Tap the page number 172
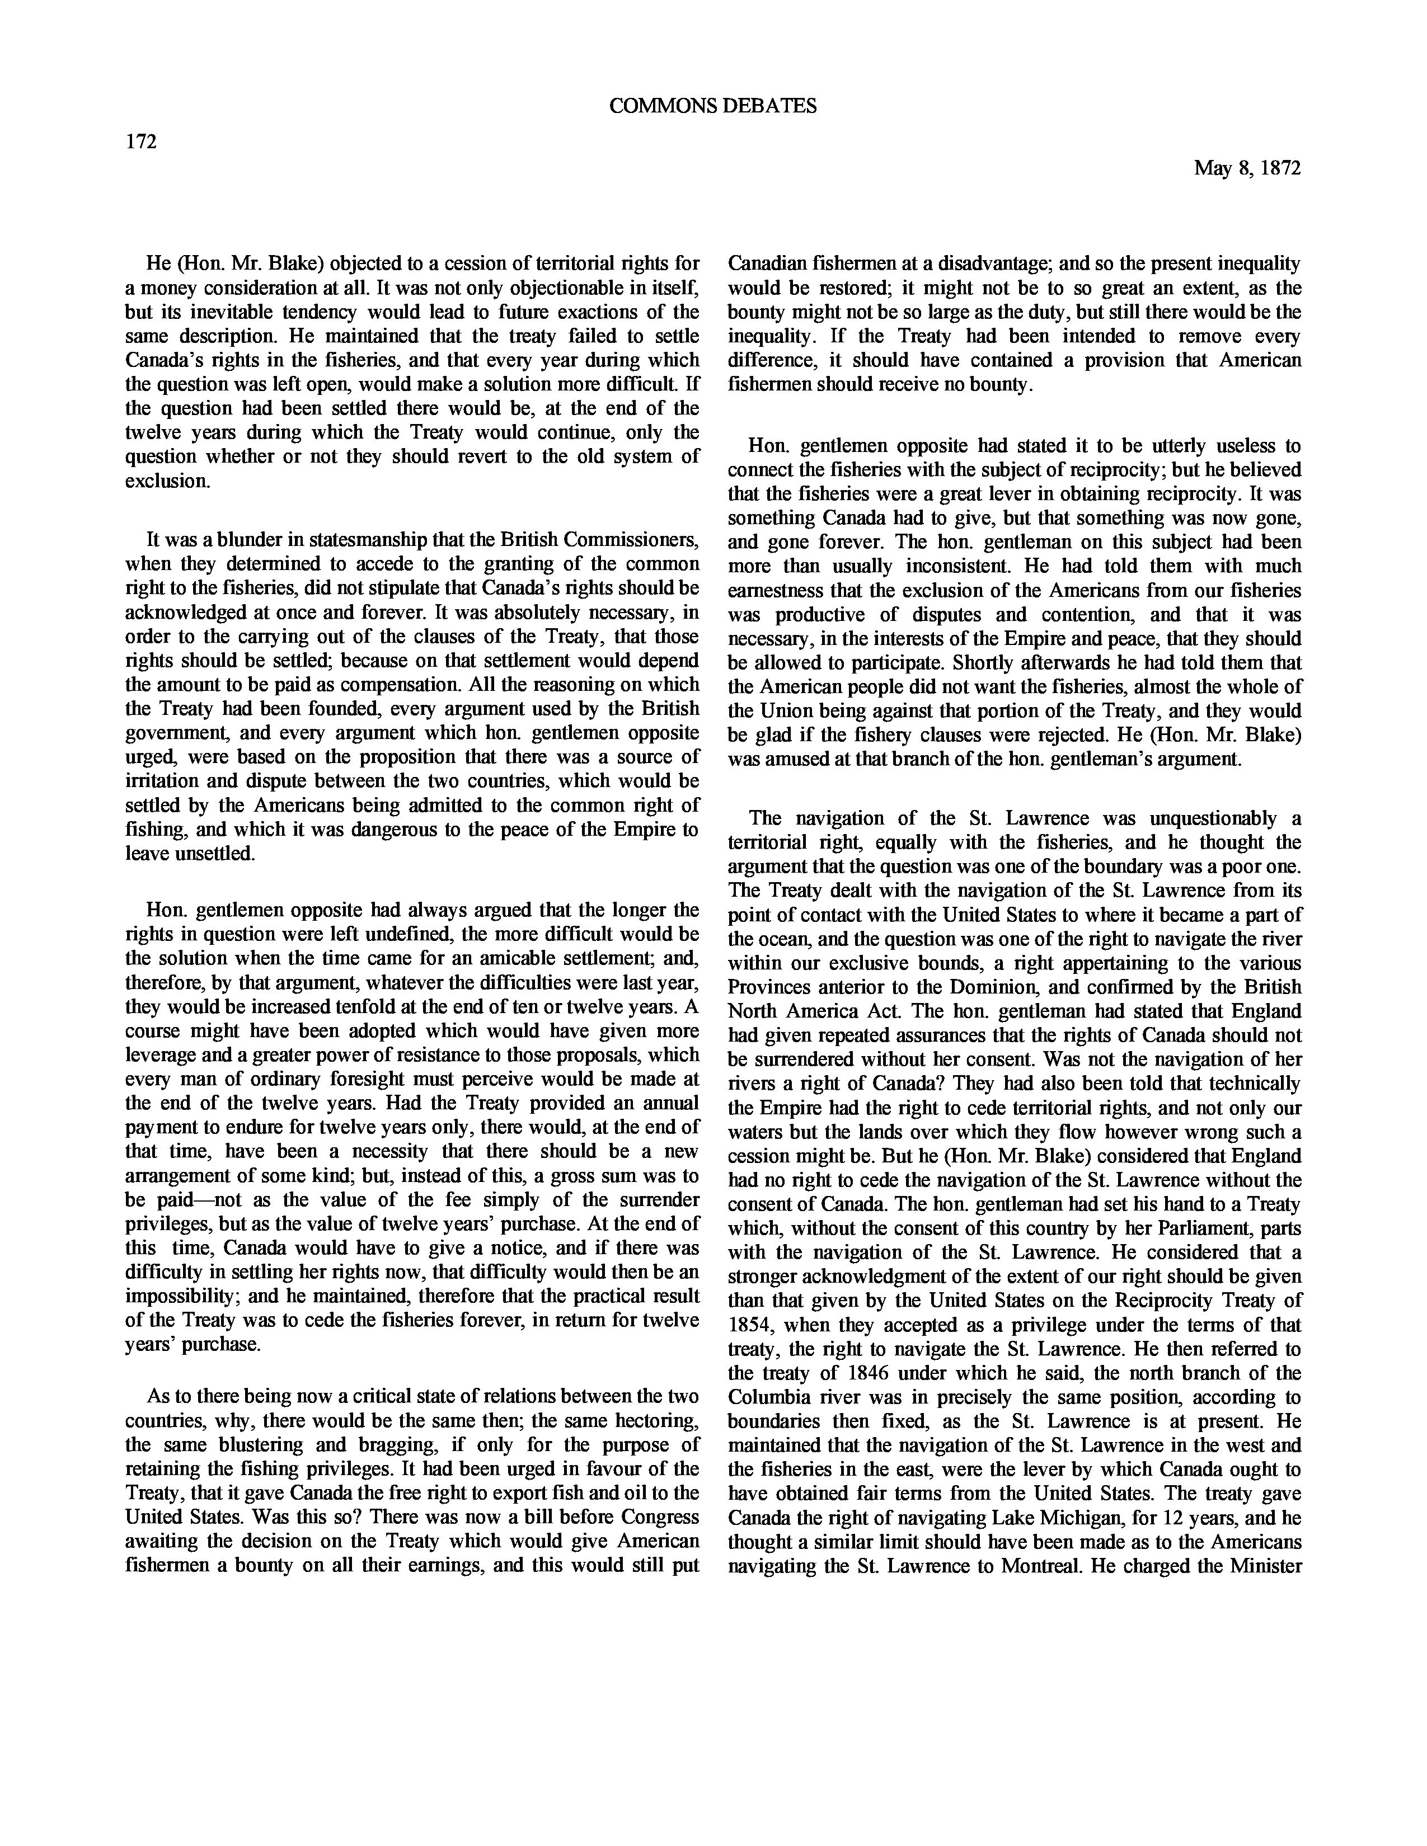tap(141, 142)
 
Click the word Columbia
tap(766, 1397)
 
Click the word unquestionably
tap(1200, 818)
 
